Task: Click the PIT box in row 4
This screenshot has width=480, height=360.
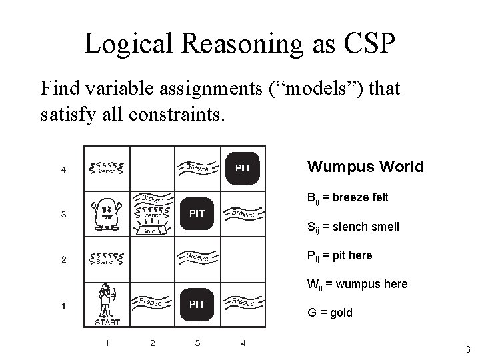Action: tap(243, 168)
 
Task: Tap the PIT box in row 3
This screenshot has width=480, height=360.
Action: tap(197, 213)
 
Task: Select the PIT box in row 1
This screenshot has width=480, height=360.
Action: tap(197, 304)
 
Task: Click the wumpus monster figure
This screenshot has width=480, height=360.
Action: tap(107, 213)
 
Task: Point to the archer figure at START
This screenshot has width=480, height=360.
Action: tap(105, 302)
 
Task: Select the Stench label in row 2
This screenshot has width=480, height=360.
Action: tap(107, 259)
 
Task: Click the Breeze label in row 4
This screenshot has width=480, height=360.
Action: tap(197, 167)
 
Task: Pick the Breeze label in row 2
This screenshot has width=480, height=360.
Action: tap(197, 257)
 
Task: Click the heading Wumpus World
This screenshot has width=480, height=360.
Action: tap(365, 166)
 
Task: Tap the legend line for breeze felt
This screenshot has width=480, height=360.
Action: tap(347, 198)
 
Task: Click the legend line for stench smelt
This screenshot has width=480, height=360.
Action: tap(353, 227)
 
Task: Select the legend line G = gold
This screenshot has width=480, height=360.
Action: tap(329, 312)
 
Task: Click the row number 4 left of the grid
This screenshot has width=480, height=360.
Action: tap(63, 169)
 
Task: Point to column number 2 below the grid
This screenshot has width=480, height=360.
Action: tap(152, 343)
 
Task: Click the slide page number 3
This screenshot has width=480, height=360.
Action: tap(469, 349)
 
